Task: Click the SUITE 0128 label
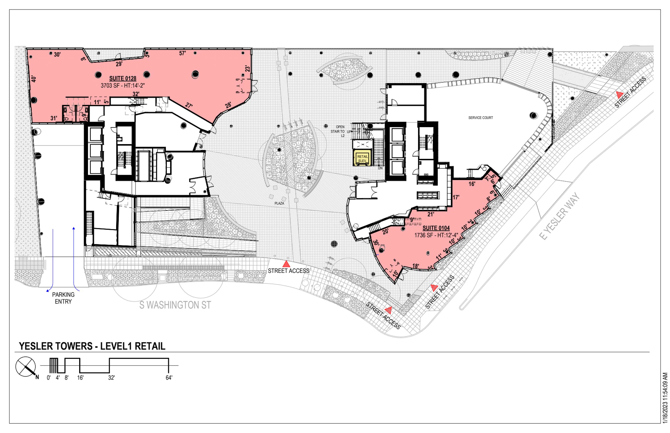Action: coord(123,79)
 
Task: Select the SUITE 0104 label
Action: coord(436,228)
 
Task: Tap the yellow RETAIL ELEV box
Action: coord(362,159)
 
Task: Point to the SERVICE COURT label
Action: coord(481,118)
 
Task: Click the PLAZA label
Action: coord(279,203)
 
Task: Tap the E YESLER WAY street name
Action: coord(559,216)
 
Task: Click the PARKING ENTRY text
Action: coord(63,298)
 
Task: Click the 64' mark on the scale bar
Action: coord(169,378)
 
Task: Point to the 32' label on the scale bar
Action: coord(111,378)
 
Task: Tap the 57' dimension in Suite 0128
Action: coord(182,53)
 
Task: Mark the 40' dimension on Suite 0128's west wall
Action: coord(34,79)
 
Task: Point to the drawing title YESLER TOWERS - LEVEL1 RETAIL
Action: coord(92,346)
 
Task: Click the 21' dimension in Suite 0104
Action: coord(431,214)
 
